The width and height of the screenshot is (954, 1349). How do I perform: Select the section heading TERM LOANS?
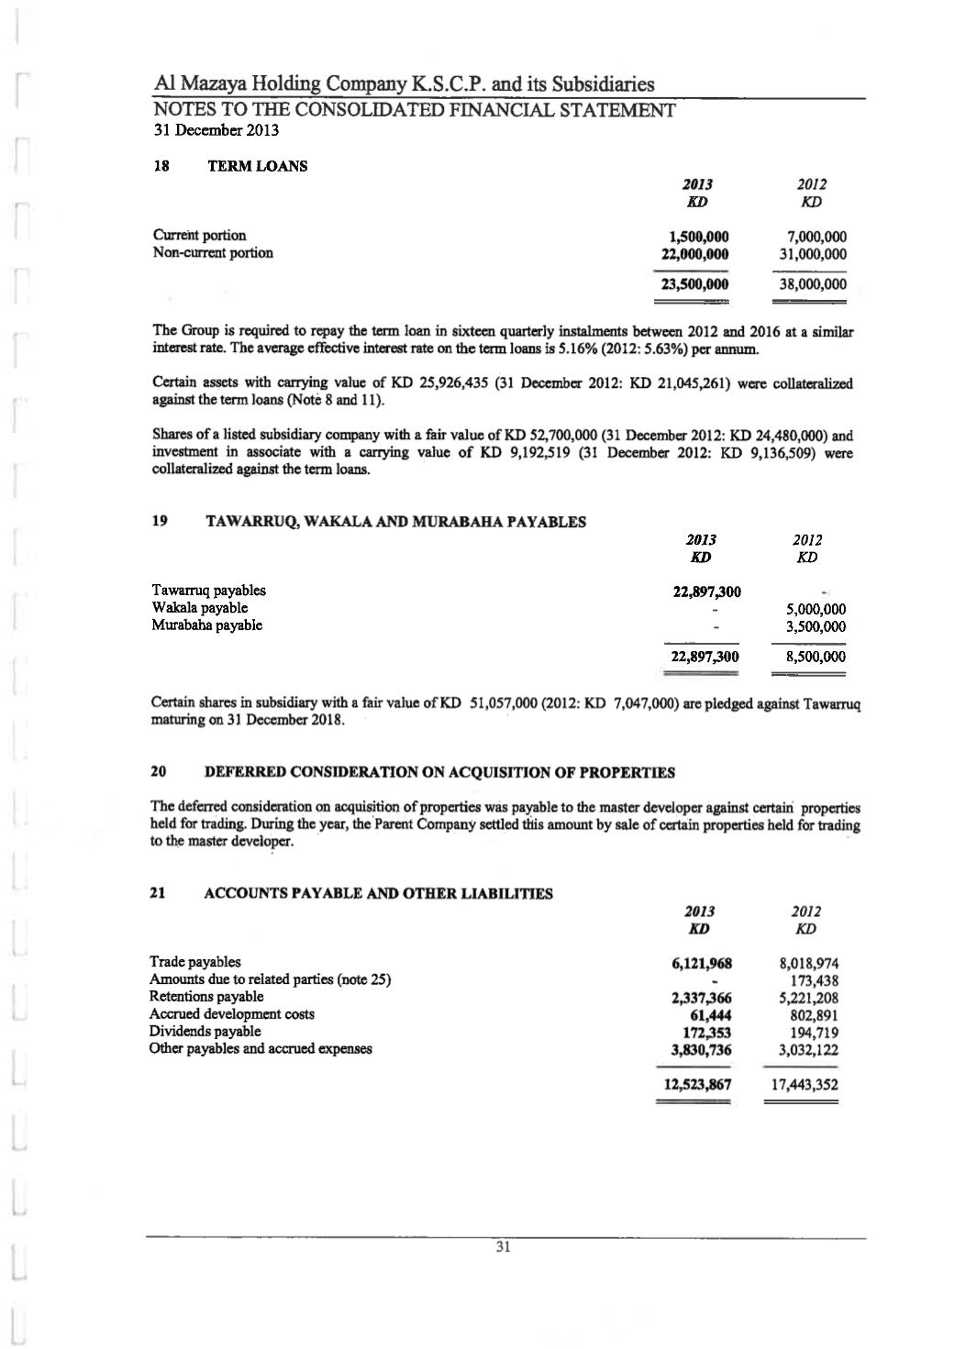[x=258, y=166]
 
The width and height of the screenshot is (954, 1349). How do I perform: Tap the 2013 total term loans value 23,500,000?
[x=694, y=284]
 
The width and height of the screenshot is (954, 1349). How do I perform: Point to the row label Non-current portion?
[x=212, y=252]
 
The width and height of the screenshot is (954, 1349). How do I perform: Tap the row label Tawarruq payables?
[x=208, y=590]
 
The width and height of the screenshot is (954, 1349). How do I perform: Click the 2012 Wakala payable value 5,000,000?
[x=816, y=609]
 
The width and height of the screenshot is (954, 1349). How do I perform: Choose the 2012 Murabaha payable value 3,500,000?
[x=816, y=626]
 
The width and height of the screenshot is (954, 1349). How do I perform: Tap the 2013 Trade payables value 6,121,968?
[x=702, y=963]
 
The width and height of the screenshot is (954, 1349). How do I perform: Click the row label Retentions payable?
[x=206, y=996]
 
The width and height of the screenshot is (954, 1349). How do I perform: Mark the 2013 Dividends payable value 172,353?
[x=708, y=1032]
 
